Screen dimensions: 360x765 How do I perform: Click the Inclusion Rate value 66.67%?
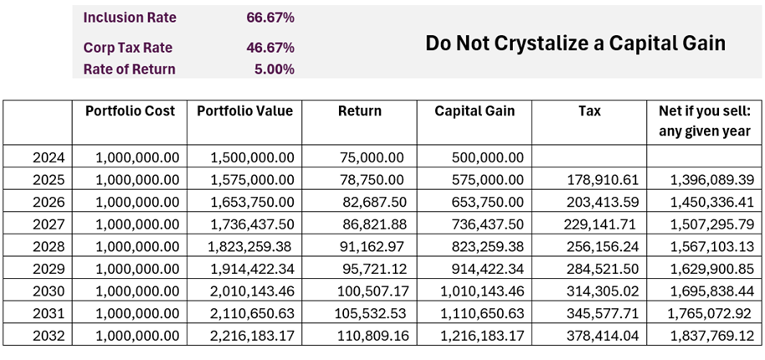click(270, 18)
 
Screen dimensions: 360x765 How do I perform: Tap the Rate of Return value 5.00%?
click(274, 69)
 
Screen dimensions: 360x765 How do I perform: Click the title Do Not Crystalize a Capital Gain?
click(575, 44)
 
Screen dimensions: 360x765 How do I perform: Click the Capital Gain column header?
click(475, 111)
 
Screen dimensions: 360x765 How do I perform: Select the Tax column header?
click(588, 111)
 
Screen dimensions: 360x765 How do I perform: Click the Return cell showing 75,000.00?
click(372, 157)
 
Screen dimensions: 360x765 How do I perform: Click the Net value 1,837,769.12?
click(706, 335)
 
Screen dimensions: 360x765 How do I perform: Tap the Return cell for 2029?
click(372, 268)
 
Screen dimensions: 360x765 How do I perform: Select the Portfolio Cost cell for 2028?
click(137, 246)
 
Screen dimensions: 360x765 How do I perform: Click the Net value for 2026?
click(706, 202)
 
